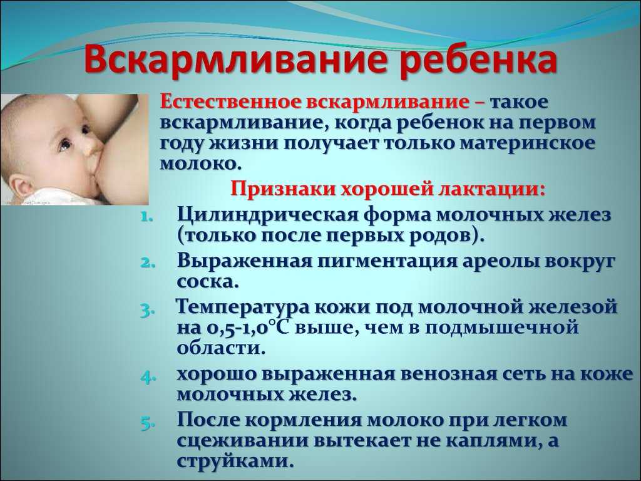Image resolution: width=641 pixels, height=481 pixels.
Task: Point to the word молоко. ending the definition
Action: point(198,164)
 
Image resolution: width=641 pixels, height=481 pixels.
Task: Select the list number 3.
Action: point(147,311)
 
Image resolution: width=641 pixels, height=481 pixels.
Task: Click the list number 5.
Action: point(147,424)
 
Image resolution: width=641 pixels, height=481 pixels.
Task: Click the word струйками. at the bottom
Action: point(236,461)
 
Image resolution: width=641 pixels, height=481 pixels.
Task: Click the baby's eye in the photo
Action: point(65,145)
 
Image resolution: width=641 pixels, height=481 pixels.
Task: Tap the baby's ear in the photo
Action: point(18,186)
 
